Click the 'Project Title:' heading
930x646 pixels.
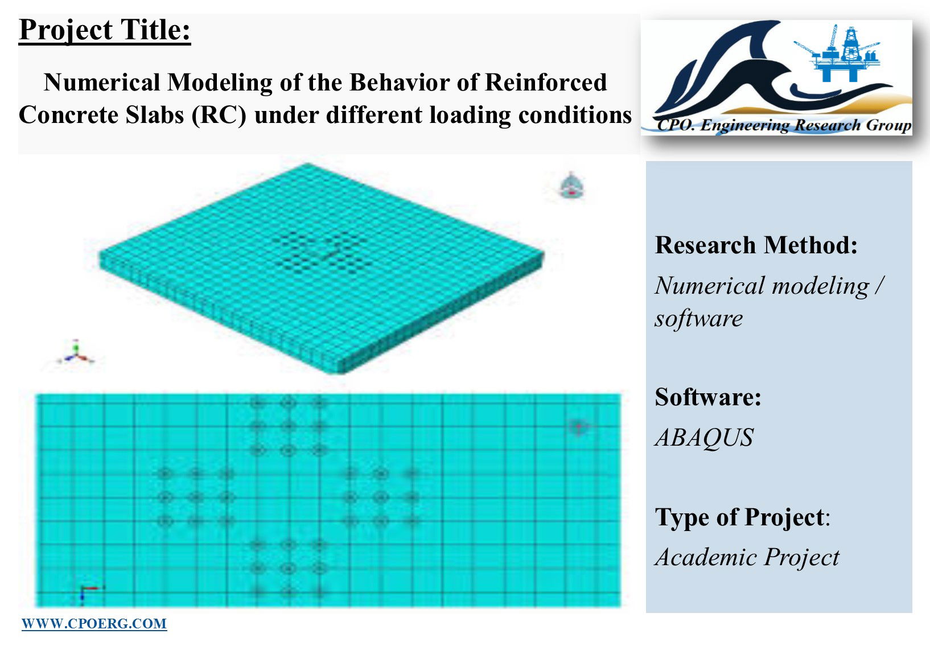[105, 30]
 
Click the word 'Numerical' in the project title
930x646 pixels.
[102, 82]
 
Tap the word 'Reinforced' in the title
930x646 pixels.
[546, 82]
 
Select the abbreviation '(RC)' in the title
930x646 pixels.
[219, 115]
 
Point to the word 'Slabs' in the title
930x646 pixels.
[154, 115]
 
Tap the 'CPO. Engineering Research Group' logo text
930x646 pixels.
[784, 125]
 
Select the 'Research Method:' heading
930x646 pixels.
[756, 245]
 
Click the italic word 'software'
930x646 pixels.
[699, 319]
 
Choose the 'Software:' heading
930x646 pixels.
[708, 397]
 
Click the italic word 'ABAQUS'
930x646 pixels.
[705, 438]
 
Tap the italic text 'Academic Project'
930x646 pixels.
[747, 557]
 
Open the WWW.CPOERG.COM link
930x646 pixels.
[94, 624]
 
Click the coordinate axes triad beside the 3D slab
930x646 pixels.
[76, 353]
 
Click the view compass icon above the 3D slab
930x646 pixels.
[571, 186]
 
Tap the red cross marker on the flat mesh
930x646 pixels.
[579, 427]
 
